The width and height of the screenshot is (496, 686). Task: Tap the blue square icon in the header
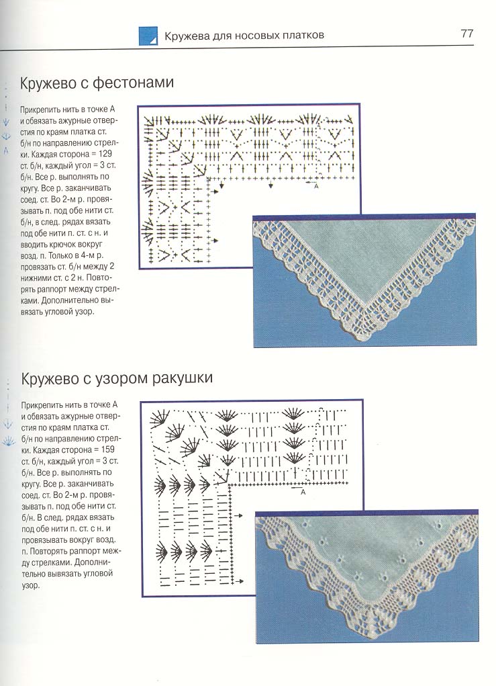pos(148,36)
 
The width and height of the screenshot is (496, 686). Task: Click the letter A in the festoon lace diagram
pos(315,187)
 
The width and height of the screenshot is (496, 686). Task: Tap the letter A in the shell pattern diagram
pos(303,492)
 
